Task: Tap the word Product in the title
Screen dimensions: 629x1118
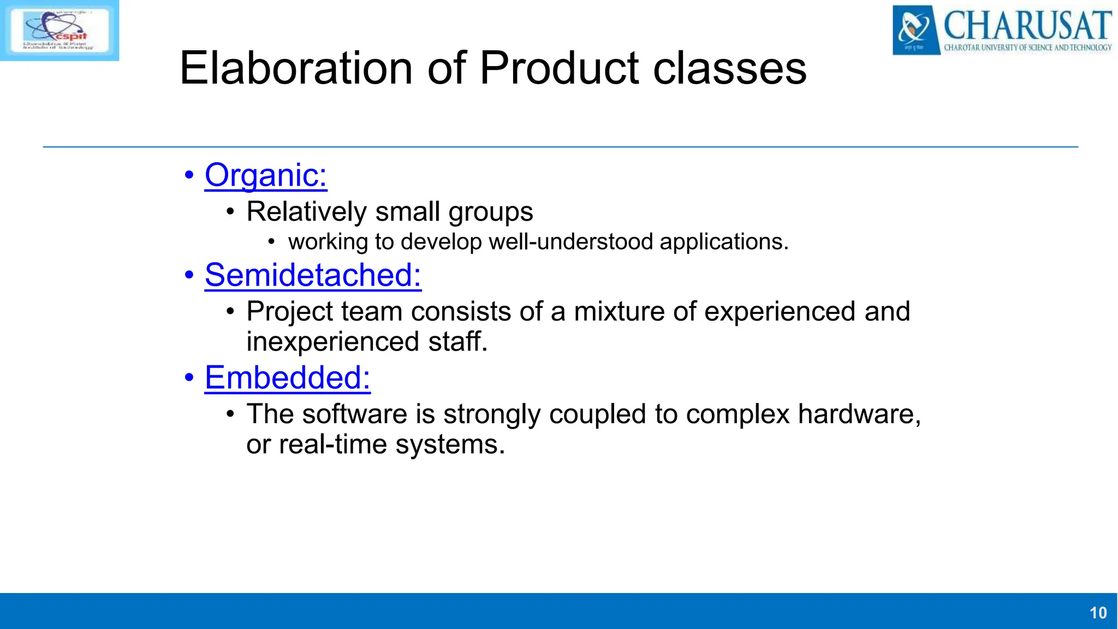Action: point(559,69)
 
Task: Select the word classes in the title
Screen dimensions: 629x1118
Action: point(729,69)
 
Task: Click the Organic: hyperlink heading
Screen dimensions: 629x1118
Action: point(266,176)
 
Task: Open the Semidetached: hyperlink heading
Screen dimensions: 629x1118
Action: point(313,275)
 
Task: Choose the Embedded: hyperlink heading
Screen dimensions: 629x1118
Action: point(287,378)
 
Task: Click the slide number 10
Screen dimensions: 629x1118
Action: point(1098,613)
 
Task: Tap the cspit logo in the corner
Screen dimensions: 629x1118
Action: point(59,30)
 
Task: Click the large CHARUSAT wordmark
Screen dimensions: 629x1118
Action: point(1027,25)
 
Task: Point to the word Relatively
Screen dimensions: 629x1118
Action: point(306,212)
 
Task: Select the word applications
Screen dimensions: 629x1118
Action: point(724,242)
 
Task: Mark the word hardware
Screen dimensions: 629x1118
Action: point(859,414)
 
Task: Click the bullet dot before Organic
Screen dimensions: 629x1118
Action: point(189,176)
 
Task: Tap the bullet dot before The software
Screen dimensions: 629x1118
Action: point(230,414)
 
